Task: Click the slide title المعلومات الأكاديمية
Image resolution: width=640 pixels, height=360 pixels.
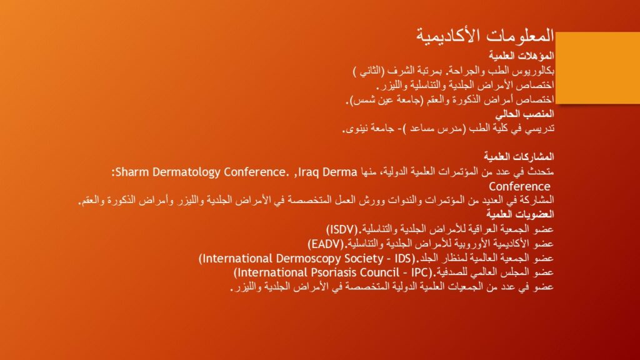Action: coord(485,36)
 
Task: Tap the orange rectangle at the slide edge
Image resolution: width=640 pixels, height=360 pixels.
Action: coord(597,67)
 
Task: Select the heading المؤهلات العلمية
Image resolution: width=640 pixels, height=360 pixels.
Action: coord(521,56)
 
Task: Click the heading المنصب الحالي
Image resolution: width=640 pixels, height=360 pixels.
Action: coord(524,114)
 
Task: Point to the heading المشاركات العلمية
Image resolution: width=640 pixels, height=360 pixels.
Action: coord(519,156)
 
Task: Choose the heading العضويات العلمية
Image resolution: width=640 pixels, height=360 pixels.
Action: coord(520,214)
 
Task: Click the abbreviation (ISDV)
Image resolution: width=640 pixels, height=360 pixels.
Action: coord(342,229)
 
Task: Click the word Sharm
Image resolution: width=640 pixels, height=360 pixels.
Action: coord(132,172)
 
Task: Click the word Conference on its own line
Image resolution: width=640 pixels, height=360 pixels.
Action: coord(519,186)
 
